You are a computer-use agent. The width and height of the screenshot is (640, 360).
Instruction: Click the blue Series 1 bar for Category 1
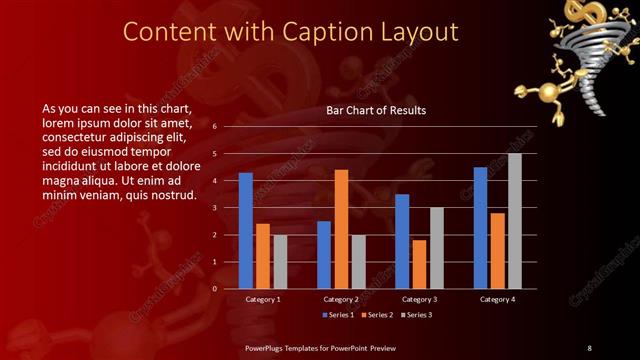[246, 230]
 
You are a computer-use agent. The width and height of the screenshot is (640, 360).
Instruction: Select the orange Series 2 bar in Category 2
[341, 229]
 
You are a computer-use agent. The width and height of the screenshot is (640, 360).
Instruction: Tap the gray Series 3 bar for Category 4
[515, 221]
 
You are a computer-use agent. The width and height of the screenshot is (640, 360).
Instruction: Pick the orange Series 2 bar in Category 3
[419, 264]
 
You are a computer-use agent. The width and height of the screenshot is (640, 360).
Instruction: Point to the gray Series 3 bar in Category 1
[280, 261]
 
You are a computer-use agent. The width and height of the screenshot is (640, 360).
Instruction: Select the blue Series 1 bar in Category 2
[324, 254]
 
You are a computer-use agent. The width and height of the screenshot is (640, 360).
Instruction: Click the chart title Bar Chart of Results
[376, 110]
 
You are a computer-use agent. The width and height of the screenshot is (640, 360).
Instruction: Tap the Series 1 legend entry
[338, 316]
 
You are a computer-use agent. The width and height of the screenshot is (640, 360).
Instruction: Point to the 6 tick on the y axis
[214, 127]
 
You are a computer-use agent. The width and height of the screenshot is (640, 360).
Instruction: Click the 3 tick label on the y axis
[214, 208]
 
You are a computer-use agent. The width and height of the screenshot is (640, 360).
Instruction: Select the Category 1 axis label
[263, 299]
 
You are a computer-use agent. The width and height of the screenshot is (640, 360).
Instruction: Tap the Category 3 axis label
[419, 299]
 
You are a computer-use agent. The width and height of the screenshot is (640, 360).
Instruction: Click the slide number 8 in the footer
[589, 347]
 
